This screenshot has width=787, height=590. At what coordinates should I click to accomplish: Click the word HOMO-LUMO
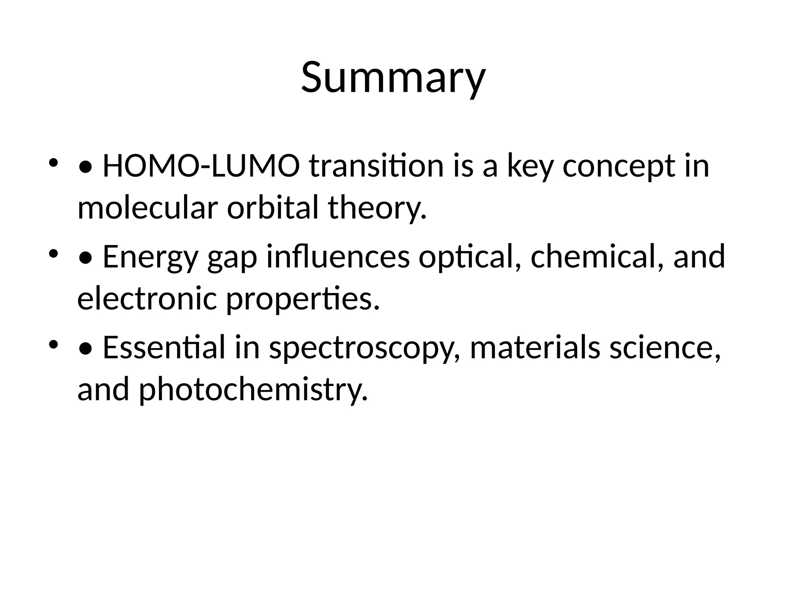point(201,166)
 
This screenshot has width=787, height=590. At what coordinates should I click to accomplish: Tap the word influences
point(338,257)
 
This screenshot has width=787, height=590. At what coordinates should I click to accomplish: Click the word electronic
point(147,298)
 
